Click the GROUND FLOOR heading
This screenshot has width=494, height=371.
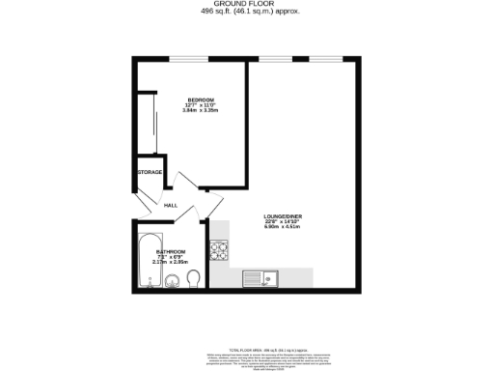coord(246,4)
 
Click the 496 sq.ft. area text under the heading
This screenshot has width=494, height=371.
coord(246,12)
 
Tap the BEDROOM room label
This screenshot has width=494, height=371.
coord(200,100)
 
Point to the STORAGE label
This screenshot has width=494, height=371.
coord(149,172)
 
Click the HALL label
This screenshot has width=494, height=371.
coord(170,206)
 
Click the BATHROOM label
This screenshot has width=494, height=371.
coord(171,251)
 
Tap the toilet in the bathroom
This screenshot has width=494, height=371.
coord(193,279)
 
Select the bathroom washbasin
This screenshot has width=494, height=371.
coord(171,282)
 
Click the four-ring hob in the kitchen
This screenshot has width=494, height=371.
coord(220,251)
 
